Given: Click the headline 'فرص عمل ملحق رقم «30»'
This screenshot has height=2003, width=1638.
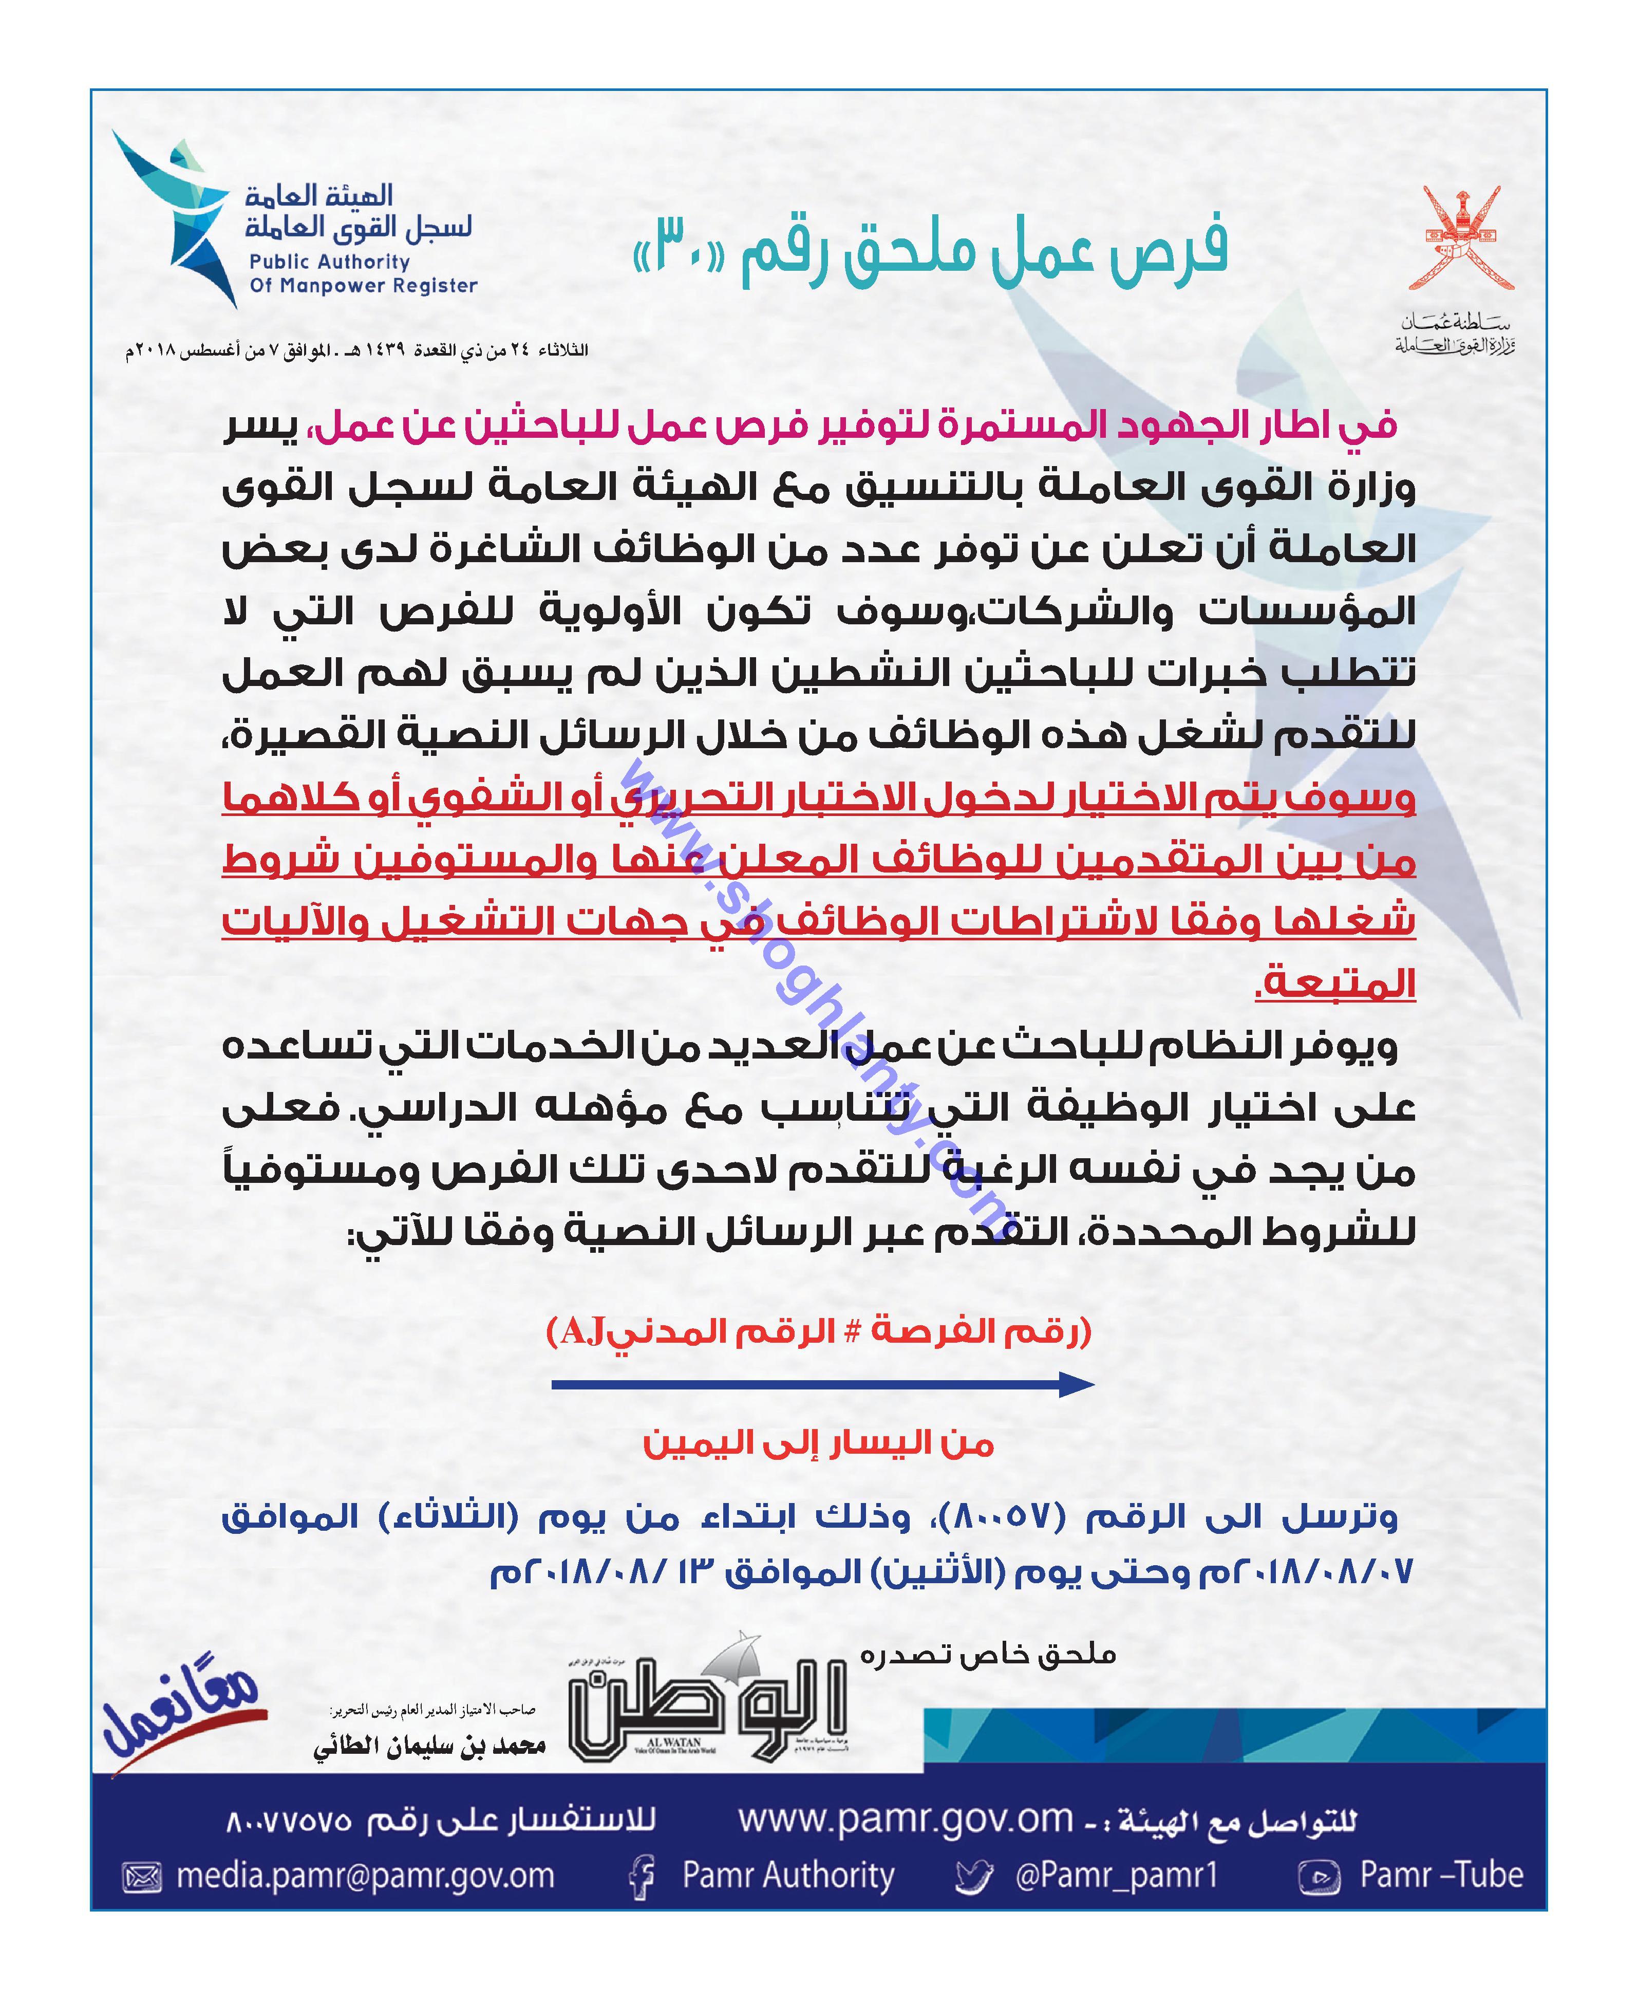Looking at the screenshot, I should click(929, 250).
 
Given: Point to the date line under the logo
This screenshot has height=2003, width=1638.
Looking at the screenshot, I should click(356, 350).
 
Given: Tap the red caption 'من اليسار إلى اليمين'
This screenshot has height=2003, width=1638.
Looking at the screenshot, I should click(818, 1442).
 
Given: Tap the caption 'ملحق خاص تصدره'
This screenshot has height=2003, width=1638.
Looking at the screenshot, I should click(987, 1654).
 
